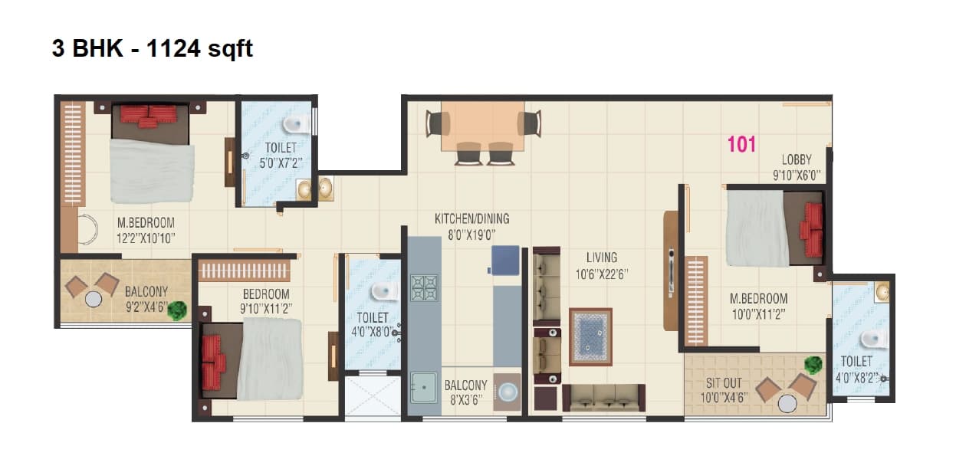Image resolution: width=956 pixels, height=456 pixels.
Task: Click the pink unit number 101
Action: pyautogui.click(x=741, y=144)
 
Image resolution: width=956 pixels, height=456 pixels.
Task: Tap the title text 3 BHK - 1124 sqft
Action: pyautogui.click(x=152, y=49)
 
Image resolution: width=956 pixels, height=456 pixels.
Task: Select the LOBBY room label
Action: pyautogui.click(x=797, y=159)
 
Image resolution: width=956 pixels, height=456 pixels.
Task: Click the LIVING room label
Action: pyautogui.click(x=602, y=258)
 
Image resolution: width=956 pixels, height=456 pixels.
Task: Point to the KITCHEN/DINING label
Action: pyautogui.click(x=471, y=219)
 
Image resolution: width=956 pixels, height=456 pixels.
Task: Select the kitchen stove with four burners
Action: pyautogui.click(x=424, y=288)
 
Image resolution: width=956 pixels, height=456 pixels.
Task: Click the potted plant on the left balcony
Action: pyautogui.click(x=178, y=310)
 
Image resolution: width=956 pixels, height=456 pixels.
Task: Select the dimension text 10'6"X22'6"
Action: pyautogui.click(x=602, y=274)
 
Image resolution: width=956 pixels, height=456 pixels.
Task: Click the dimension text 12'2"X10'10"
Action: pyautogui.click(x=146, y=238)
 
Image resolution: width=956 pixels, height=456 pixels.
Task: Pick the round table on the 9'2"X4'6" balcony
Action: pyautogui.click(x=94, y=299)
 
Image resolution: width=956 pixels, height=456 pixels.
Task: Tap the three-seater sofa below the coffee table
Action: pyautogui.click(x=604, y=397)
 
